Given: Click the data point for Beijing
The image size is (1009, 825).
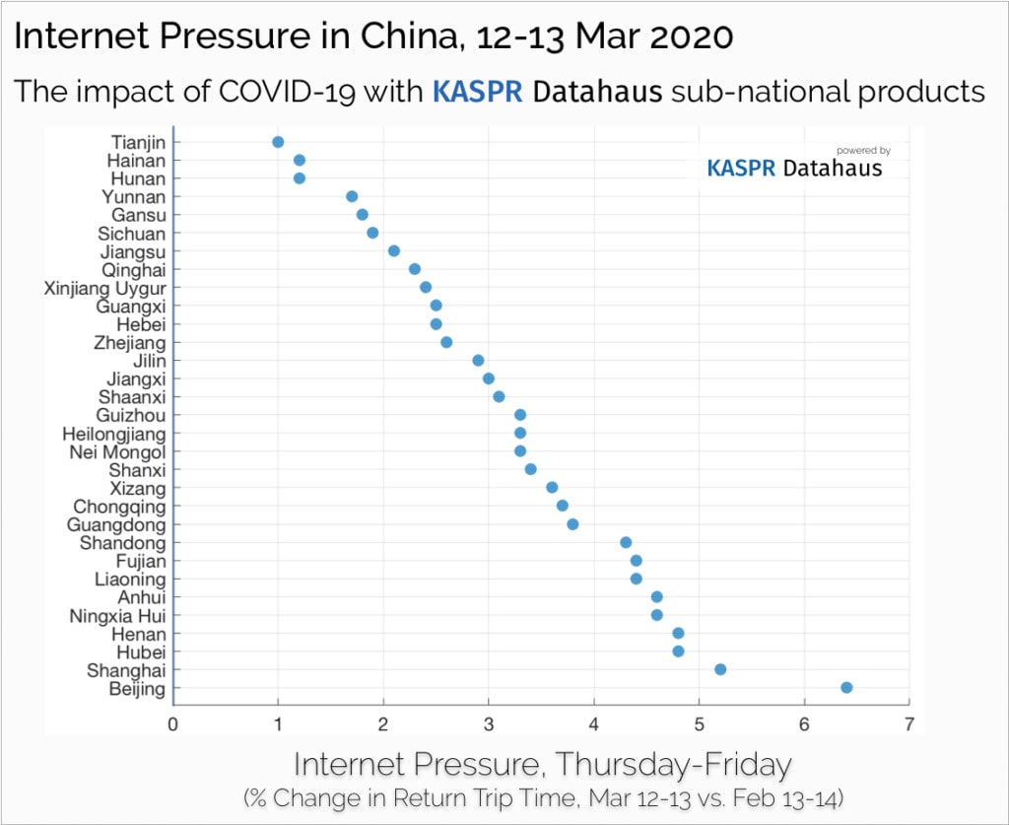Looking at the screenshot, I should coord(846,688).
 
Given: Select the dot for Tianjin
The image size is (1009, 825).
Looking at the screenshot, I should coord(278,142).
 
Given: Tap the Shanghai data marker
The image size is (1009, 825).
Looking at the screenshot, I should coord(720,669).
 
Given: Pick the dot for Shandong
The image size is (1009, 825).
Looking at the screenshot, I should coord(626,542).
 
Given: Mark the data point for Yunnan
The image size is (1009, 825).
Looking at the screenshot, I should coord(352,196).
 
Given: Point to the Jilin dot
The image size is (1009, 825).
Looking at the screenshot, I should coord(478,361).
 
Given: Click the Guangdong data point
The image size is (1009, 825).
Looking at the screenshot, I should coord(572,524).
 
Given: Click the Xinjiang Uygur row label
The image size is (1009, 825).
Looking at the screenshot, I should coord(105,288).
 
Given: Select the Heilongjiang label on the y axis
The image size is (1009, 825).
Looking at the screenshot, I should coord(114,434).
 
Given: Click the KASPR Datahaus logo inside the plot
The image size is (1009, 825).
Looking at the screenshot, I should coord(794,169).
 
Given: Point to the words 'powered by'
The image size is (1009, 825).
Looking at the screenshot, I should coord(863,151).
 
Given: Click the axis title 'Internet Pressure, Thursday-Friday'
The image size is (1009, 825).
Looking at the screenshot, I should coord(542,764).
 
